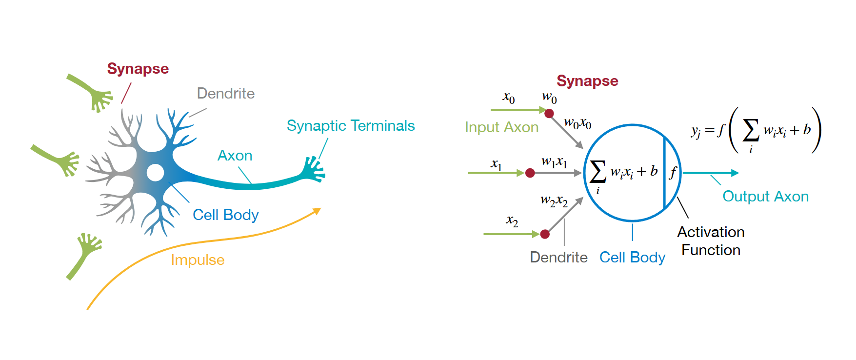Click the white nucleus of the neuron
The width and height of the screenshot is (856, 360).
(155, 172)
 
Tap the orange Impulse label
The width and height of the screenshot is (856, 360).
(198, 260)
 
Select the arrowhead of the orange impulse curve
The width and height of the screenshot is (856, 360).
(317, 211)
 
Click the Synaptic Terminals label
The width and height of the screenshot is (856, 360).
(351, 126)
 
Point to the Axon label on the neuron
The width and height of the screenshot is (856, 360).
(235, 156)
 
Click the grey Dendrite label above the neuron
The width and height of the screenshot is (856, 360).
(226, 93)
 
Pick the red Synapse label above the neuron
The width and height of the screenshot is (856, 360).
(138, 69)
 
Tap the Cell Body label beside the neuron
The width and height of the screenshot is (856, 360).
(225, 215)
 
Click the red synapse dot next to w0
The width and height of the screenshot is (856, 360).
(549, 114)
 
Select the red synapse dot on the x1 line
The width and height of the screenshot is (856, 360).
(530, 173)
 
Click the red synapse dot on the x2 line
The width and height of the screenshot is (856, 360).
(545, 234)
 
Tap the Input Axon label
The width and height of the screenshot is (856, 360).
(501, 127)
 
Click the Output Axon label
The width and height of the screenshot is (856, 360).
(765, 196)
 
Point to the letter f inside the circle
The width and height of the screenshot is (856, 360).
(673, 172)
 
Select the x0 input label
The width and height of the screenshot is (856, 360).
(509, 98)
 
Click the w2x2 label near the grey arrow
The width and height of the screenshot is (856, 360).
(554, 200)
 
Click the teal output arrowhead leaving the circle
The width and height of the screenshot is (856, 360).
(735, 173)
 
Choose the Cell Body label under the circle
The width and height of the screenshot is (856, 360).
(632, 257)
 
